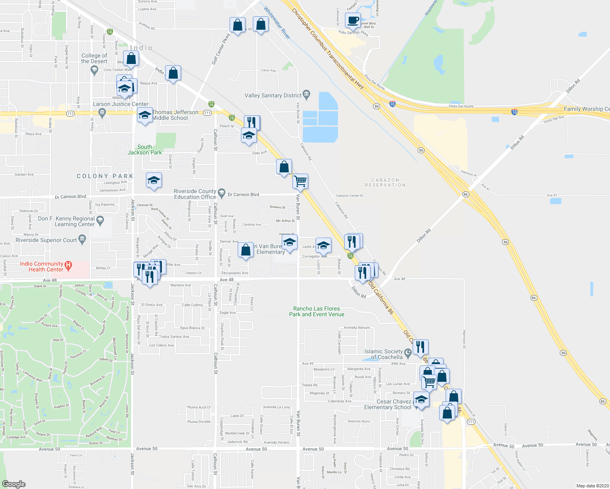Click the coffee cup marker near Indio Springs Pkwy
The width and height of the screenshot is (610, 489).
coord(353,20)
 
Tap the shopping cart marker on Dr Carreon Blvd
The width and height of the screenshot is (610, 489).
coord(300,181)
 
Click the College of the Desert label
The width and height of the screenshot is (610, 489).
coord(94,58)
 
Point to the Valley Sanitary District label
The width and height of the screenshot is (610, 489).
coord(273,95)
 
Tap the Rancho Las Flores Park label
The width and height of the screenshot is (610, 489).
coord(316,311)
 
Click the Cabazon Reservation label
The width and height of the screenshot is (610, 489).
coord(385,183)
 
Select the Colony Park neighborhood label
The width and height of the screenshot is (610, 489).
coord(105,176)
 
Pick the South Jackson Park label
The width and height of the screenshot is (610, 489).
coord(145,150)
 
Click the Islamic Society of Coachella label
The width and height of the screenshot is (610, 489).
coord(383,354)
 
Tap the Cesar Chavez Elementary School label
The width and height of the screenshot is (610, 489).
coord(387,404)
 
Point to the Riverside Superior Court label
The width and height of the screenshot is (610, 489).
coord(46,240)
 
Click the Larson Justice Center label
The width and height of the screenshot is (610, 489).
coord(121,104)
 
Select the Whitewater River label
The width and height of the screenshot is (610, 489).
coord(277,23)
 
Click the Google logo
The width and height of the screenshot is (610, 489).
coord(13,484)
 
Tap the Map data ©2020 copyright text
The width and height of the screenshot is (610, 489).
coord(591,486)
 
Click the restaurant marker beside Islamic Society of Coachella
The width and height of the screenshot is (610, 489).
coord(420,347)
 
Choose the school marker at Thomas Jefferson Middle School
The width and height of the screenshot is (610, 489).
coord(145,115)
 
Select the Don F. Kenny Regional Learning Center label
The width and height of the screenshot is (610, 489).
coord(66,221)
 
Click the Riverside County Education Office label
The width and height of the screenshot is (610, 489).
coord(195,194)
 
